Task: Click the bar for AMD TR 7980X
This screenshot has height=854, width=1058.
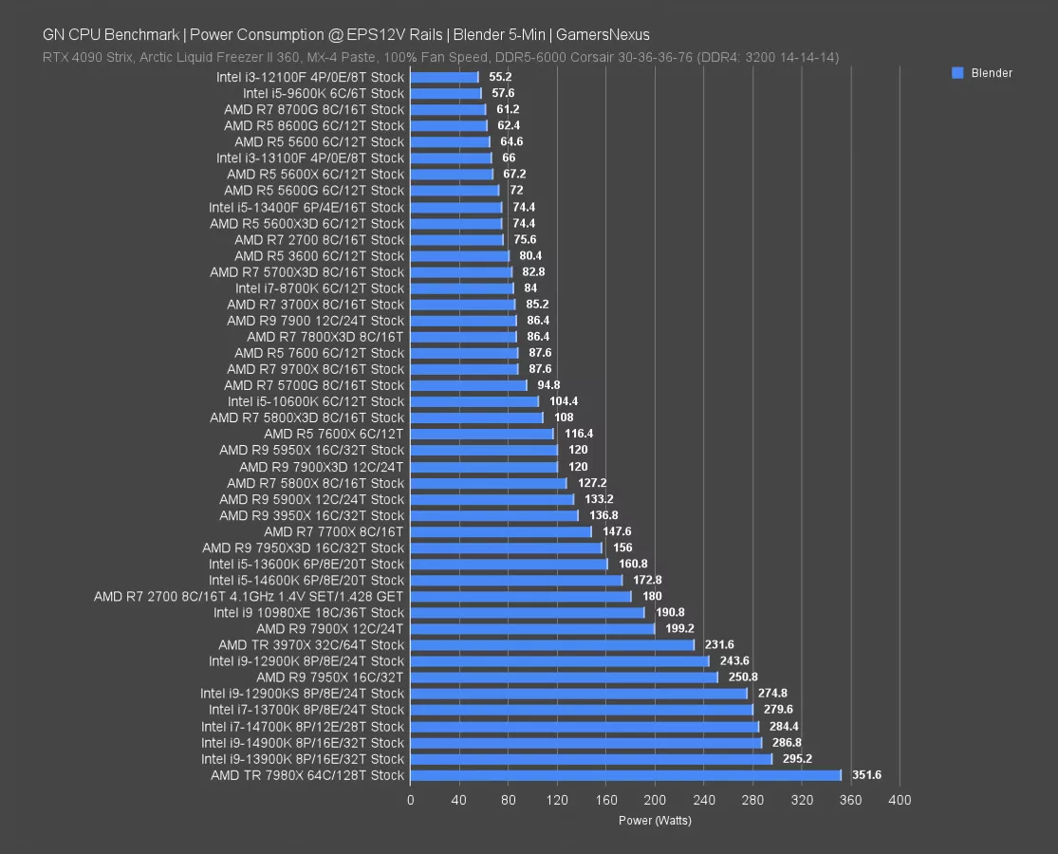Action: [625, 775]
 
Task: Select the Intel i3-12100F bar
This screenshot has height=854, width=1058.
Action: [444, 77]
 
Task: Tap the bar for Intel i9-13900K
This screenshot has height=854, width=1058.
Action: [591, 759]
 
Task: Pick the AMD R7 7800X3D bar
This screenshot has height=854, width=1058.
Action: [463, 337]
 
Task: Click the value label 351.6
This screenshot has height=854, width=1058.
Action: [866, 775]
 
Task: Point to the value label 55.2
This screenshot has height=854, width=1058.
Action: [500, 77]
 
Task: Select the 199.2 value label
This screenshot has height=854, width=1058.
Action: [677, 628]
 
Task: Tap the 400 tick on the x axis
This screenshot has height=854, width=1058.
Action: [899, 800]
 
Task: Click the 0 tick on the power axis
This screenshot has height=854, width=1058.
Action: [410, 800]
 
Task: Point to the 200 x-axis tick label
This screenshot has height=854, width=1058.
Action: [655, 800]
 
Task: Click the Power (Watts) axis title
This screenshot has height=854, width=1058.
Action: [655, 821]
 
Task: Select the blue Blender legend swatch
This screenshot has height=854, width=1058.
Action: [957, 73]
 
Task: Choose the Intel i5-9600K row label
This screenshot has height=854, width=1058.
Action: [324, 93]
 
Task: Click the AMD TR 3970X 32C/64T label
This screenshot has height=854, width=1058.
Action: [311, 645]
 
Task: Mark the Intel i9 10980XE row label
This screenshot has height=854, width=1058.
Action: [309, 612]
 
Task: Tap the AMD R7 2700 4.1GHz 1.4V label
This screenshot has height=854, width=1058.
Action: [249, 596]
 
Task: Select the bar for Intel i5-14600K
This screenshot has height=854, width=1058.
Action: [516, 580]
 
